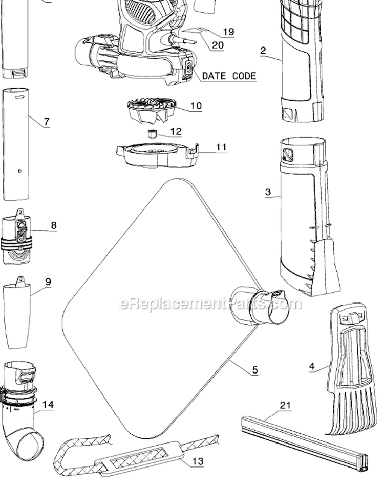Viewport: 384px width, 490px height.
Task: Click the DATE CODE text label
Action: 229,76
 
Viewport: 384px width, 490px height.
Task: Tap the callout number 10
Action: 196,106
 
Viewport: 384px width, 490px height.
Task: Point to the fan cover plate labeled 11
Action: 154,154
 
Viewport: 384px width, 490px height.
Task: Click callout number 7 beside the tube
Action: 47,122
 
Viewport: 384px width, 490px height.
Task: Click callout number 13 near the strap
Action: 198,461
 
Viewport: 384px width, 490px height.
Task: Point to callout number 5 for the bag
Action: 255,370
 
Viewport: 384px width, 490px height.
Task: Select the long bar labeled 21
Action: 305,442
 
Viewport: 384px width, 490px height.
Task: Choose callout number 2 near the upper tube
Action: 263,50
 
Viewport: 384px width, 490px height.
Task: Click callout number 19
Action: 228,32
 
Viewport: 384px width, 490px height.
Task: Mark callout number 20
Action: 218,45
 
